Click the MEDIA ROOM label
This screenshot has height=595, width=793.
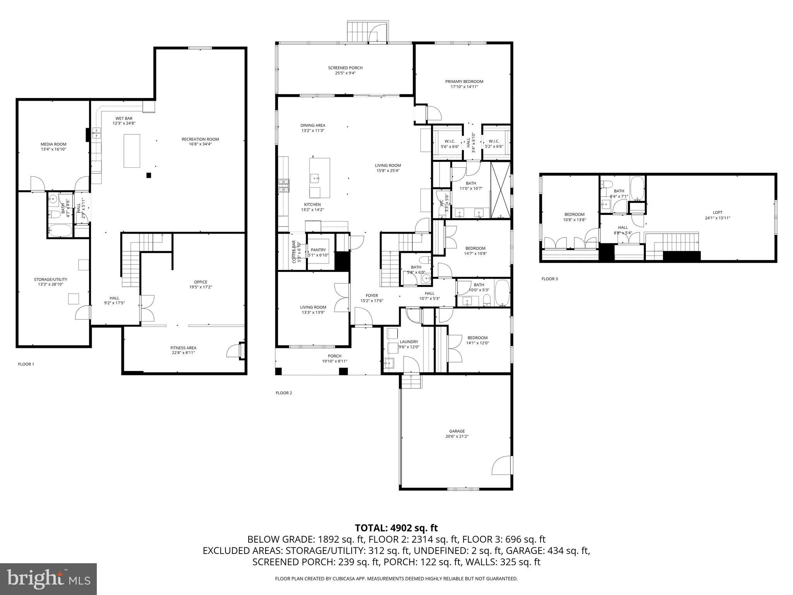[x=53, y=144]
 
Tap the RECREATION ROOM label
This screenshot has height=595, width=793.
[x=200, y=139]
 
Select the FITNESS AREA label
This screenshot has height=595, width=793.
[x=183, y=348]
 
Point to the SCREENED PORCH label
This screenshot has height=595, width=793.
[x=345, y=68]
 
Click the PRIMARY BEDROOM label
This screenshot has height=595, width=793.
[x=464, y=81]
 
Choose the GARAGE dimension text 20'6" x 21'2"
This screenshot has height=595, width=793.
[x=457, y=436]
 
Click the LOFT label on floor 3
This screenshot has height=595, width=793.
[x=717, y=212]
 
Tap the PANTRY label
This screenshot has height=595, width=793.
[x=318, y=250]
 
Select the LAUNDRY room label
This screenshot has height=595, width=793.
[x=409, y=342]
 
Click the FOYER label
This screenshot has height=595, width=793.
[x=371, y=296]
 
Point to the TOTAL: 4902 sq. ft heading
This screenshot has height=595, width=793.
[x=396, y=528]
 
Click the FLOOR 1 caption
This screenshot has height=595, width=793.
[x=26, y=364]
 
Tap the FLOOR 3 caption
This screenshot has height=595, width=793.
[x=549, y=279]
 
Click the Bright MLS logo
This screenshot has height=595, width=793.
[x=48, y=579]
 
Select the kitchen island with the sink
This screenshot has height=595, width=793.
[x=319, y=178]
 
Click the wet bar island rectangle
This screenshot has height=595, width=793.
[x=132, y=151]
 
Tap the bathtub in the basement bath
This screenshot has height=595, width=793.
[x=60, y=231]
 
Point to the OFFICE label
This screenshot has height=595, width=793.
[x=201, y=282]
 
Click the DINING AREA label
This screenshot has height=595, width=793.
[x=312, y=125]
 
